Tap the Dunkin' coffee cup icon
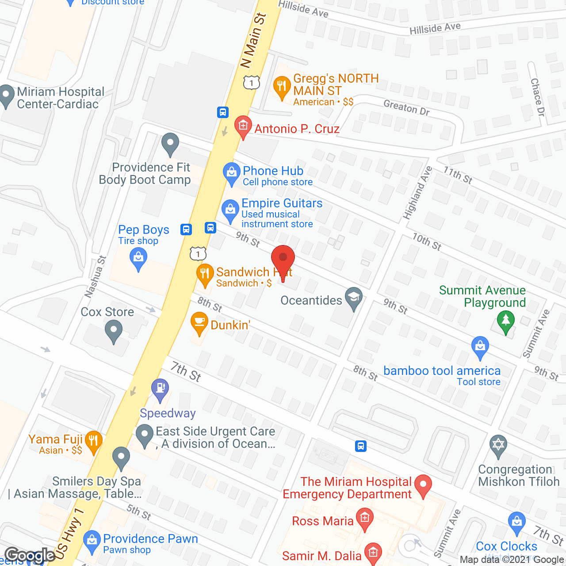(199, 323)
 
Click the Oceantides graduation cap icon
(354, 298)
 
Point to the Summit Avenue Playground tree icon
(506, 321)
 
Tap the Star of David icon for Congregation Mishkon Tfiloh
(498, 444)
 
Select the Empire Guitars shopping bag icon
(230, 210)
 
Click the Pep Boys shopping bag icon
(138, 258)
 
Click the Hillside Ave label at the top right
(435, 29)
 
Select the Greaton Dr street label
(406, 107)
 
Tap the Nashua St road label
(95, 276)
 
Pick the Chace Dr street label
(537, 97)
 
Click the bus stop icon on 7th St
(361, 446)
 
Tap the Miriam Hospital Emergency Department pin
(423, 485)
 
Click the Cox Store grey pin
(114, 331)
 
